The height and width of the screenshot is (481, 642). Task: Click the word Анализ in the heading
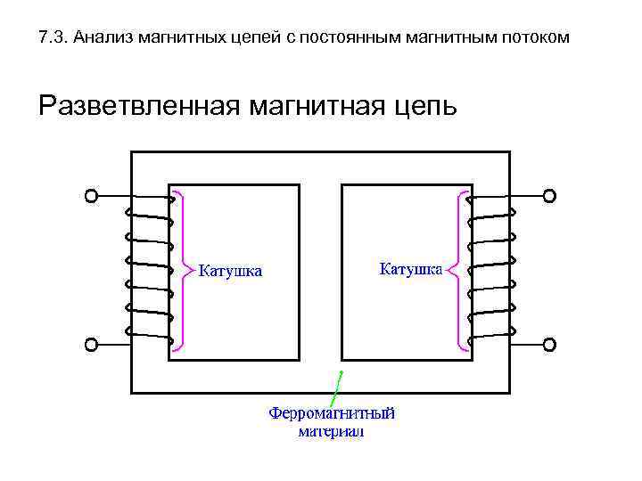(103, 38)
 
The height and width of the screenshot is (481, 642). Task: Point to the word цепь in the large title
(424, 108)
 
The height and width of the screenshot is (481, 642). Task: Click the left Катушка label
(230, 271)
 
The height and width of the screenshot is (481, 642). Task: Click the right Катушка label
(411, 267)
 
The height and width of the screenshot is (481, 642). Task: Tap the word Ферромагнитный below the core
(332, 414)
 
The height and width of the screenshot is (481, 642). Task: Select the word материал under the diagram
(332, 432)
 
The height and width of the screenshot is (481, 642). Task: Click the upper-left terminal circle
(90, 196)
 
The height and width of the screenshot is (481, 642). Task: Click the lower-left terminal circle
(90, 344)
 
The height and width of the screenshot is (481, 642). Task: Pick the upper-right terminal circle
(549, 196)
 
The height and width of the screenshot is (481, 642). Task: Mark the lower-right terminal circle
(549, 344)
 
